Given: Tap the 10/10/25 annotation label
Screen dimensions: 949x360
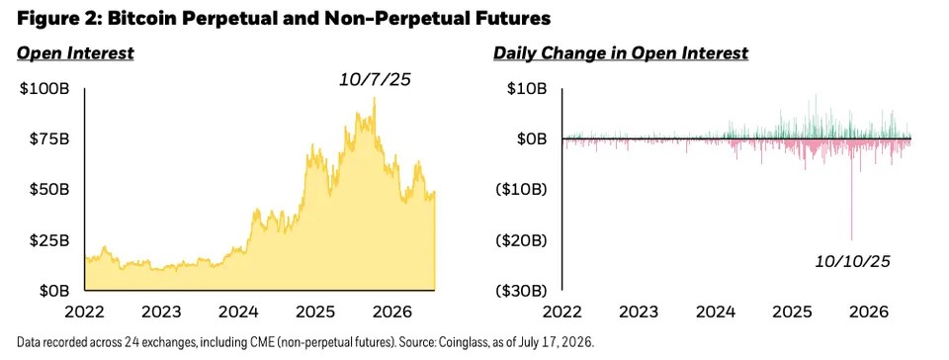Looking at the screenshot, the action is click(853, 261).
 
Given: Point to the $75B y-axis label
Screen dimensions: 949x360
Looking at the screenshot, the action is click(49, 139).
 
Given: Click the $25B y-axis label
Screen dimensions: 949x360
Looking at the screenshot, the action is click(49, 240).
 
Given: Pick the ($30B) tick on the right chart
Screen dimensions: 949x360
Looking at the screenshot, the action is click(521, 291).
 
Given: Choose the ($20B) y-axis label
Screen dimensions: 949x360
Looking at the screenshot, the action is click(521, 240).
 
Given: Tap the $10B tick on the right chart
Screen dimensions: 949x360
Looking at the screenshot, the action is click(527, 89).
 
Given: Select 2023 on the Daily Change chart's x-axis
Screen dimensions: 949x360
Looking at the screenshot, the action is click(640, 313).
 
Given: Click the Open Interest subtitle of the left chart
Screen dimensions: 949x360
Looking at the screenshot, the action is click(75, 53).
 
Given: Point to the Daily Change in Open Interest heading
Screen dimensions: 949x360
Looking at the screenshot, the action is click(621, 53).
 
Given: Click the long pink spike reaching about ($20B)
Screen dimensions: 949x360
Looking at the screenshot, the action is click(851, 190).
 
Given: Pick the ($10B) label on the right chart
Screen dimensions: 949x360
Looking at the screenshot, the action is click(521, 190).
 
